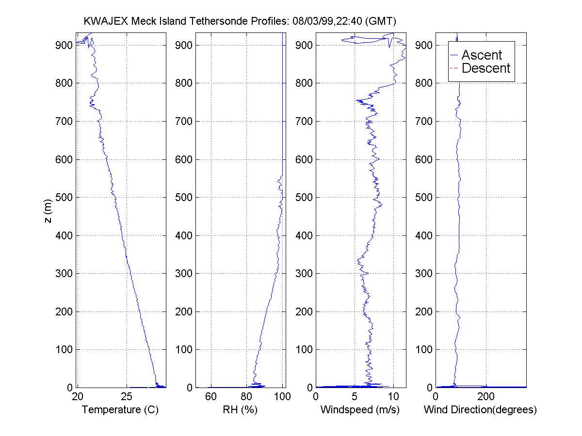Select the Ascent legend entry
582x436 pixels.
pos(481,55)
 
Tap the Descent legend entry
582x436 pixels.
pos(485,68)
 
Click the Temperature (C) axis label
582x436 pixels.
pos(120,410)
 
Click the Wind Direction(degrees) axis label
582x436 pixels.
pos(480,410)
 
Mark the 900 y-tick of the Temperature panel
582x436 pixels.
pos(65,45)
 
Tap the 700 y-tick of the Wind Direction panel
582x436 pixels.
pos(424,121)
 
